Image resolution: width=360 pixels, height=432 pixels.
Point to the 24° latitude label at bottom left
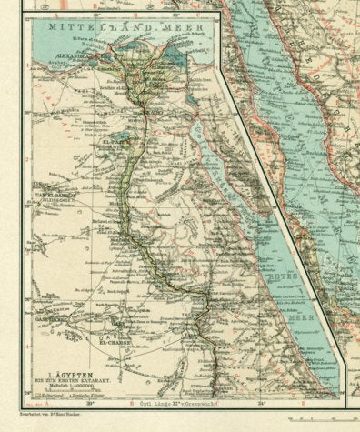pos(26,392)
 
